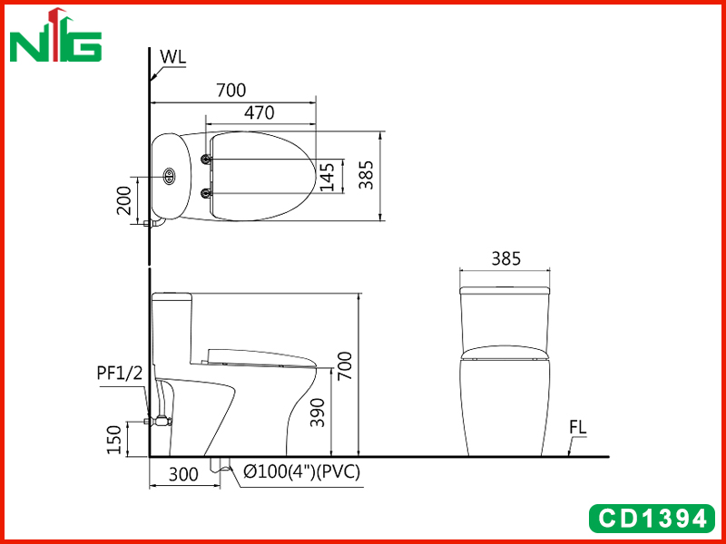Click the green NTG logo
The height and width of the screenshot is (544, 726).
coord(55,35)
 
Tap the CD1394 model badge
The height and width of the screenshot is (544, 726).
coord(652,519)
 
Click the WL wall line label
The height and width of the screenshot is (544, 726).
coord(172,56)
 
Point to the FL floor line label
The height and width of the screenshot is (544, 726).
coord(578,428)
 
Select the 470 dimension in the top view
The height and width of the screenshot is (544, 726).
coord(260,112)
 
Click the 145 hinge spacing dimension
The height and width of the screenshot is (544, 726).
coord(327,176)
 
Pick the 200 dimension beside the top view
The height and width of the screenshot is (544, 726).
coord(123,200)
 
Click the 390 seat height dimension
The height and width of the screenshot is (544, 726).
coord(318,413)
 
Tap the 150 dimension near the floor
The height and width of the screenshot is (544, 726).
coord(113,440)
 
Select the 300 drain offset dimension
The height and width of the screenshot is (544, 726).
coord(183,474)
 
